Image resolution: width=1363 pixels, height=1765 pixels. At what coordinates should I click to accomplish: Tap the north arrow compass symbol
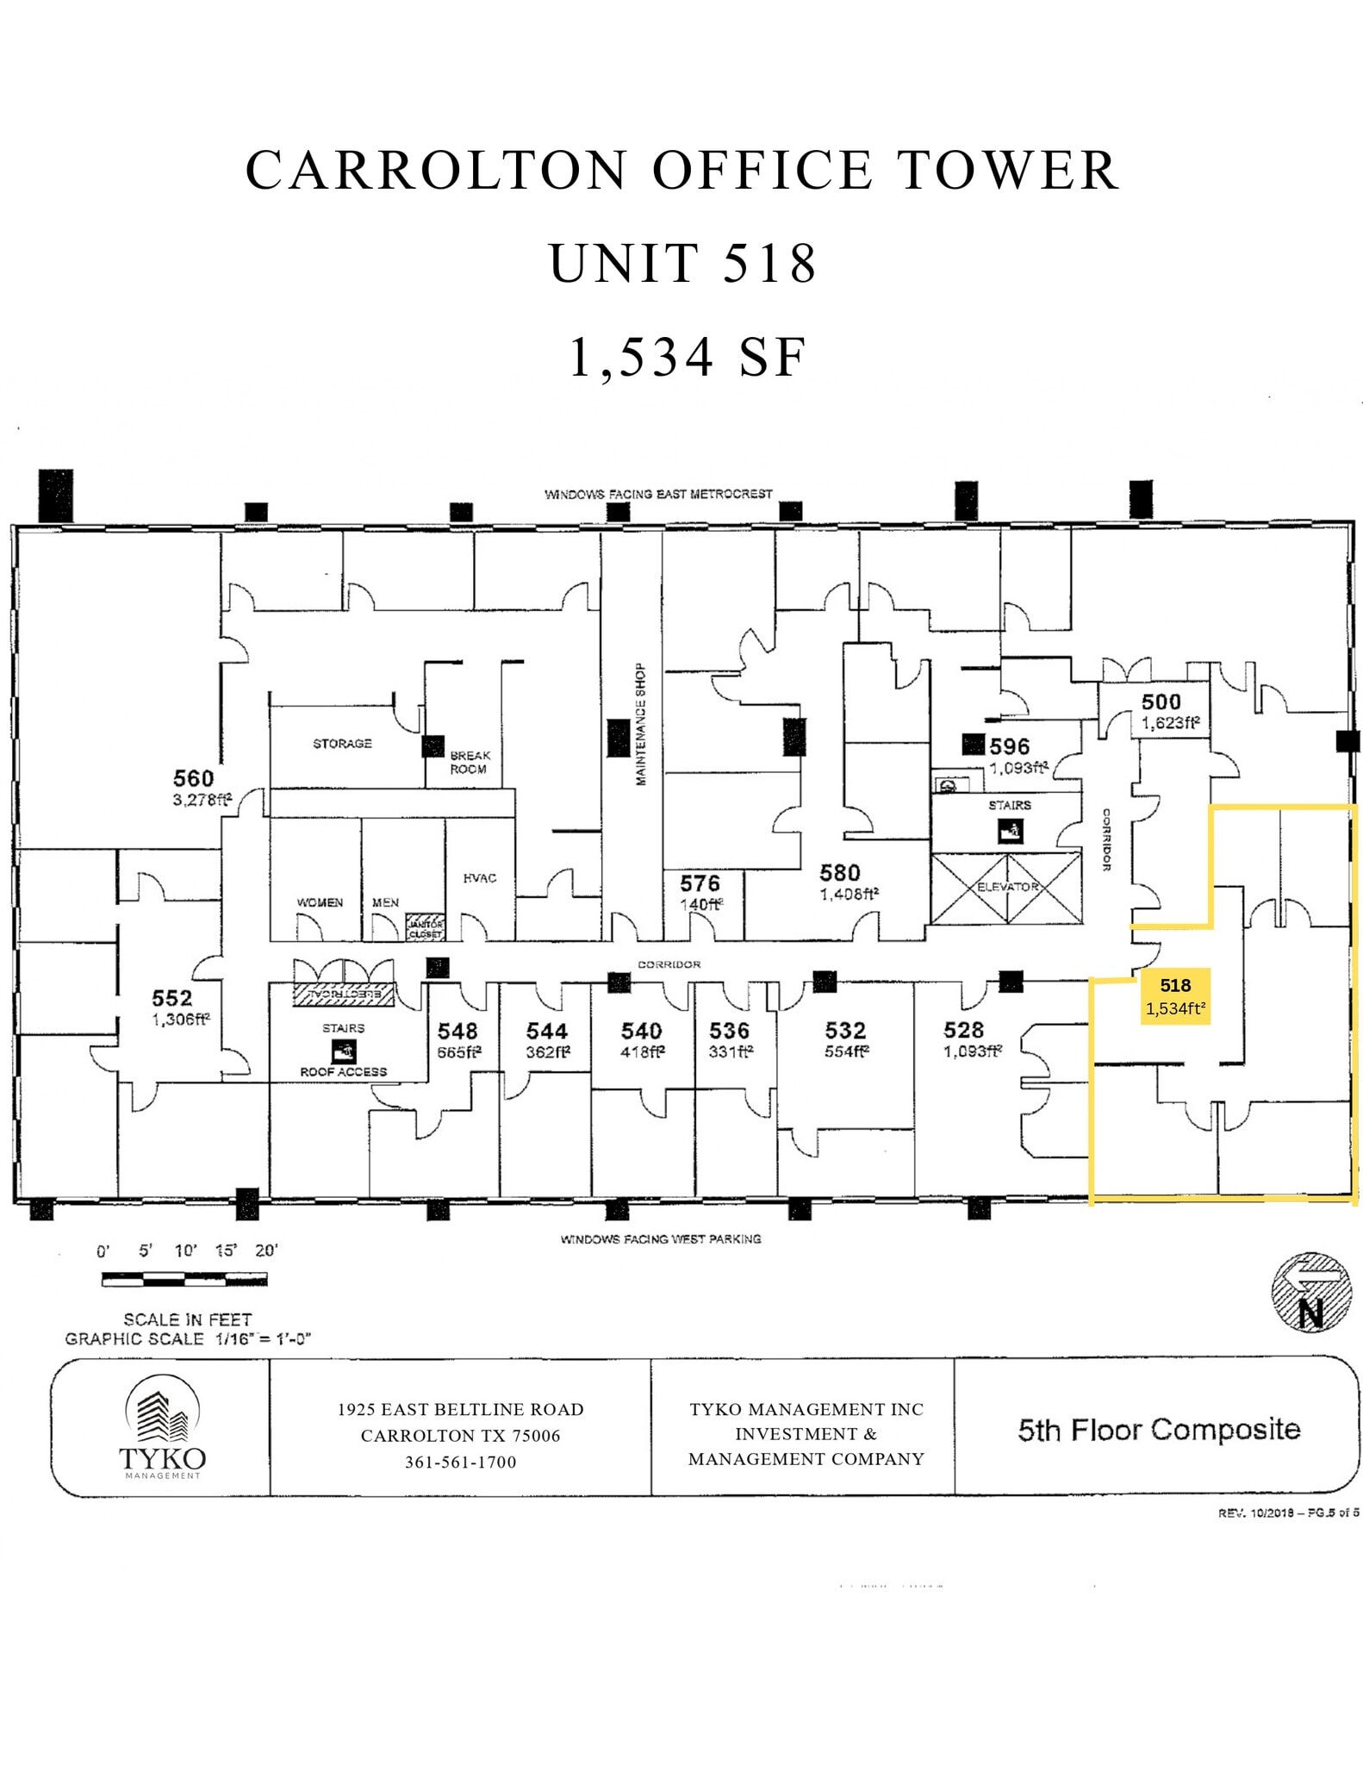[x=1310, y=1292]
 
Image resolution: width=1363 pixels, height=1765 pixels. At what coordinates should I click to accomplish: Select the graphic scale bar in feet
[x=184, y=1280]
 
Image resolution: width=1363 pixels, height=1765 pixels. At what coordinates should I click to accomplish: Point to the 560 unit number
[x=193, y=778]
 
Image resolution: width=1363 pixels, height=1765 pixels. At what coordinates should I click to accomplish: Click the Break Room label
[x=470, y=762]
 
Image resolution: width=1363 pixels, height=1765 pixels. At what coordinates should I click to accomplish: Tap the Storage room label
[x=342, y=743]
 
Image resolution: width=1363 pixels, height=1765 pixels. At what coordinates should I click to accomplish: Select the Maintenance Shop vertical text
[x=640, y=724]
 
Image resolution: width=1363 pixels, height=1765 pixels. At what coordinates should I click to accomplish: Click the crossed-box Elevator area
[x=1006, y=888]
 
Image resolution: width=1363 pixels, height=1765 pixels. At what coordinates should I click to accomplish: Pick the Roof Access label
[x=343, y=1071]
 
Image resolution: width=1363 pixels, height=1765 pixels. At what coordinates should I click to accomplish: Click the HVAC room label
[x=480, y=877]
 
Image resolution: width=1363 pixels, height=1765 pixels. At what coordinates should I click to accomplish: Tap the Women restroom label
[x=320, y=902]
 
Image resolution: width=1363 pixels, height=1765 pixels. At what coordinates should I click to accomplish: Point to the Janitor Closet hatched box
[x=425, y=926]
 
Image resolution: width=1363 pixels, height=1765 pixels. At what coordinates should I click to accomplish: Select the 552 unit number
[x=171, y=998]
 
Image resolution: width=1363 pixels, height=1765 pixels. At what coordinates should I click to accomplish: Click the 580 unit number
[x=839, y=872]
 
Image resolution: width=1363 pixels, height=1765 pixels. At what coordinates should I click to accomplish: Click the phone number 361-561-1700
[x=460, y=1463]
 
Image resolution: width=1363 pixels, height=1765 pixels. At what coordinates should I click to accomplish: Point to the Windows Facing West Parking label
[x=660, y=1238]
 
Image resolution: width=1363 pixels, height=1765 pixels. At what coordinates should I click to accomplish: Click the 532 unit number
[x=844, y=1030]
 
